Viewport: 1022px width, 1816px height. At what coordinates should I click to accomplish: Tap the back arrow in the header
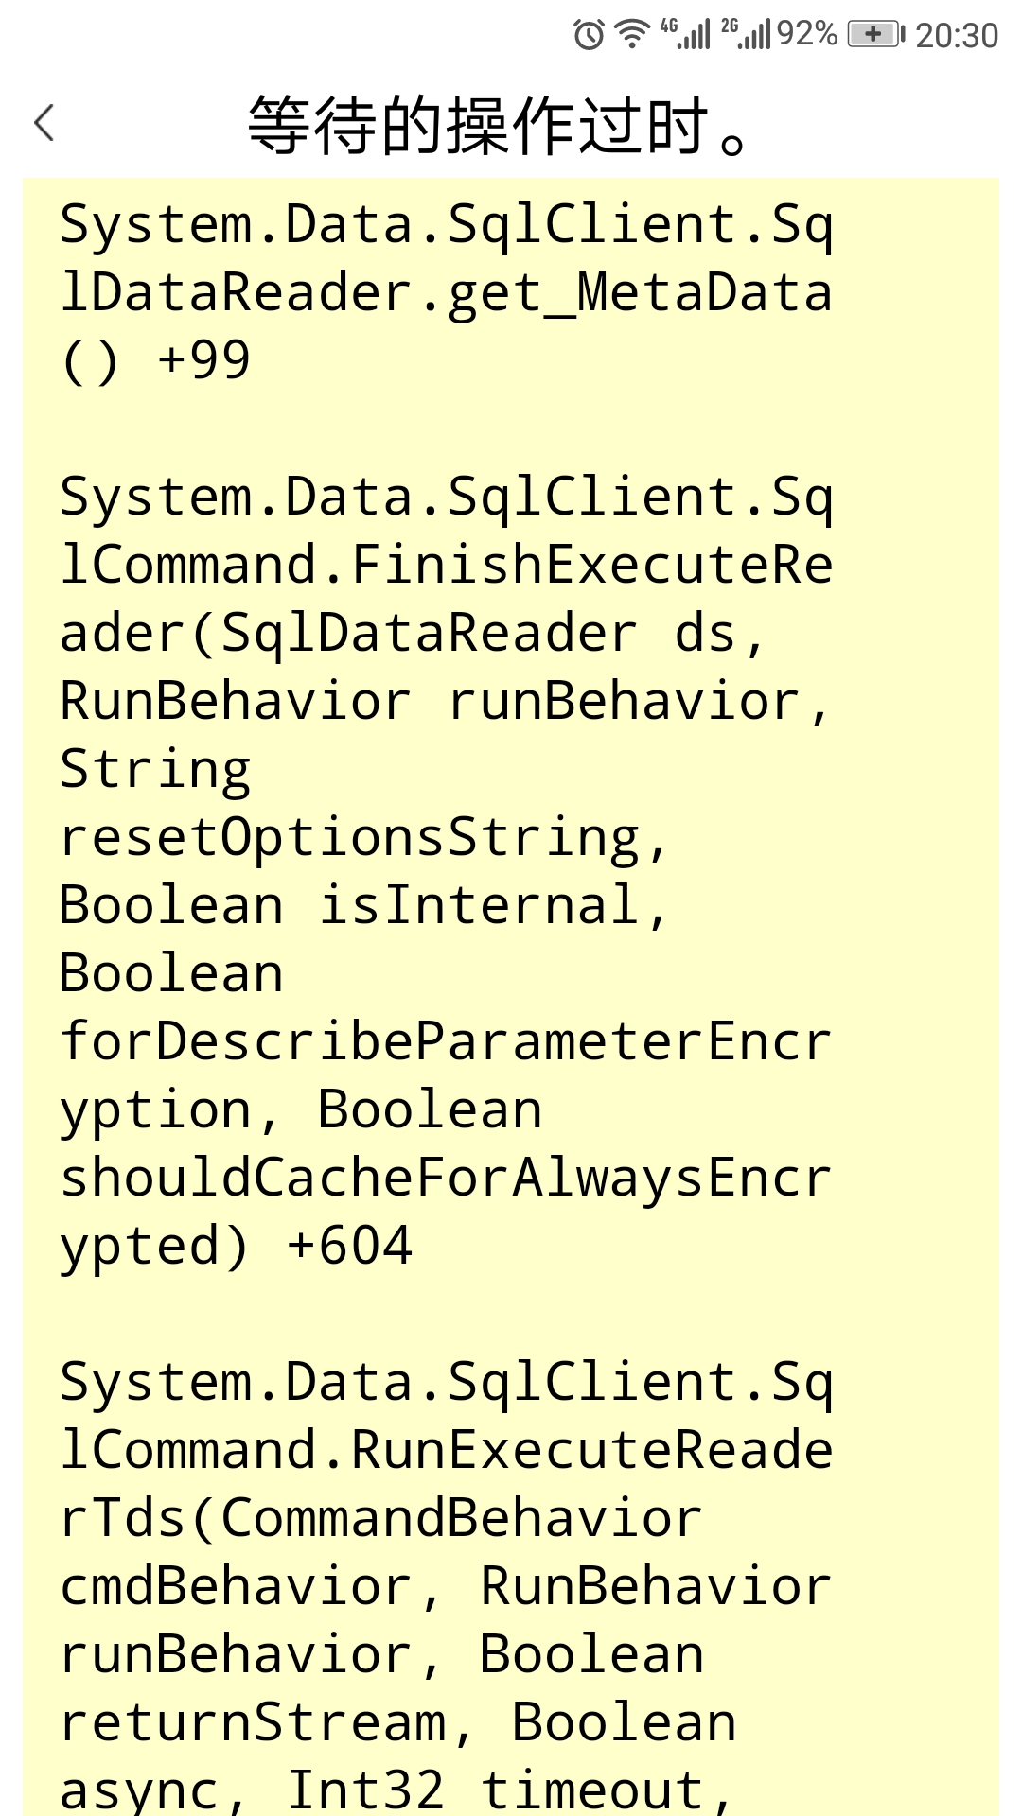(x=44, y=123)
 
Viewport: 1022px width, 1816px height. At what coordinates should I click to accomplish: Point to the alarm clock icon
(x=589, y=35)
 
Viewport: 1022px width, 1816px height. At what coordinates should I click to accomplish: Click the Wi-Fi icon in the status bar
(x=631, y=34)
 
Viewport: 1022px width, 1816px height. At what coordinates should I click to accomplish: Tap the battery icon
(x=875, y=34)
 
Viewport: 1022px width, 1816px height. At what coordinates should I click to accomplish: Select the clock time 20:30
(x=957, y=36)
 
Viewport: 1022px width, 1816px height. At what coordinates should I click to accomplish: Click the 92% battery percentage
(x=806, y=34)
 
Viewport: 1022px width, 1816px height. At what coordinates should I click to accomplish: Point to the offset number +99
(x=203, y=360)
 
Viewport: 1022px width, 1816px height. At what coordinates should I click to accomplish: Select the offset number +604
(x=349, y=1246)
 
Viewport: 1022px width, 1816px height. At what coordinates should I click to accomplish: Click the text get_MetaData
(x=641, y=292)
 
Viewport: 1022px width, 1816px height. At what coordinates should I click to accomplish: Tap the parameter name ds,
(x=719, y=633)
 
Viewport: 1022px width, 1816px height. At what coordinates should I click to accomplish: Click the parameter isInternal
(x=493, y=905)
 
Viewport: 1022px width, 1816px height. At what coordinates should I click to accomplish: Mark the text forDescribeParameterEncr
(x=446, y=1041)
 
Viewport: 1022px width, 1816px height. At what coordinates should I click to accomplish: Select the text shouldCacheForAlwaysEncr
(x=446, y=1178)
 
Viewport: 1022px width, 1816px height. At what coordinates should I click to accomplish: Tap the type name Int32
(x=365, y=1790)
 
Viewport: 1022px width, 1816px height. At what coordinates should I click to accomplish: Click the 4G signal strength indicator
(x=686, y=34)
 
